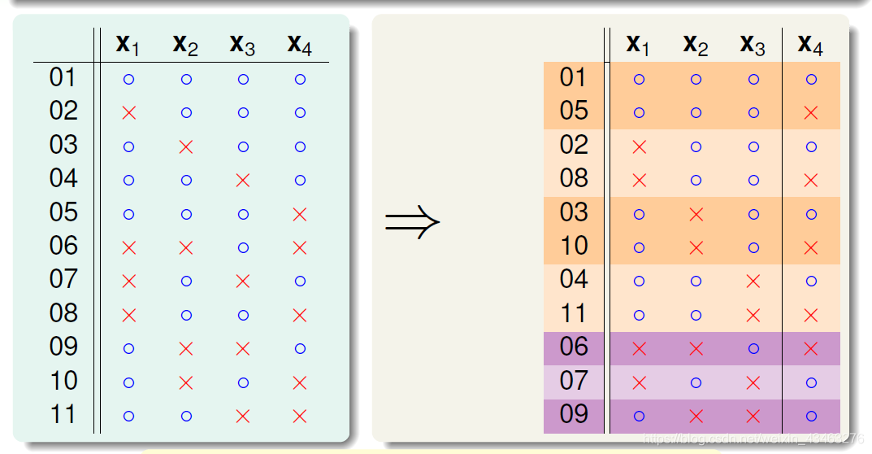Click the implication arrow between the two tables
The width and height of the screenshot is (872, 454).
pos(412,221)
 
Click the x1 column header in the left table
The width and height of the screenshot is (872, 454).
pos(128,45)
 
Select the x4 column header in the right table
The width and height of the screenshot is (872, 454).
pos(809,45)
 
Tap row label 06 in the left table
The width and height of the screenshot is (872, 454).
pos(63,246)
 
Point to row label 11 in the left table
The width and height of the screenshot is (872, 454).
pos(63,415)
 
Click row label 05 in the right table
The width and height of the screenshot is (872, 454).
pos(574,111)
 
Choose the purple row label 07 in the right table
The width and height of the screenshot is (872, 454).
pos(574,381)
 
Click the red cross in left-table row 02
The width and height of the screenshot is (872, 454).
pos(128,113)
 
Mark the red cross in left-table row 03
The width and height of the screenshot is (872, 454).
pos(186,146)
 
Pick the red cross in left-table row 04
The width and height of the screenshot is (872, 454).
pos(243,181)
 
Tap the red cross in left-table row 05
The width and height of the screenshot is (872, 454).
pos(300,214)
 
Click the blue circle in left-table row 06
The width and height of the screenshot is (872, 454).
pos(243,248)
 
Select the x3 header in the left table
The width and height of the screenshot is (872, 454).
pos(243,45)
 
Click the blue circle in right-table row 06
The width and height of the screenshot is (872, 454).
pos(753,349)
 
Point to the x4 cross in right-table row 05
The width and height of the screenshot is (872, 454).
pos(810,113)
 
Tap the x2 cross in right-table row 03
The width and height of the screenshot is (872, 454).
pos(696,214)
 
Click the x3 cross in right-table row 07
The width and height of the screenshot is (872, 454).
pos(753,382)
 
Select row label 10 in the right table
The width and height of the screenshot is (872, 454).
pos(574,246)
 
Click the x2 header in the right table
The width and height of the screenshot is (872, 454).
pos(696,45)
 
